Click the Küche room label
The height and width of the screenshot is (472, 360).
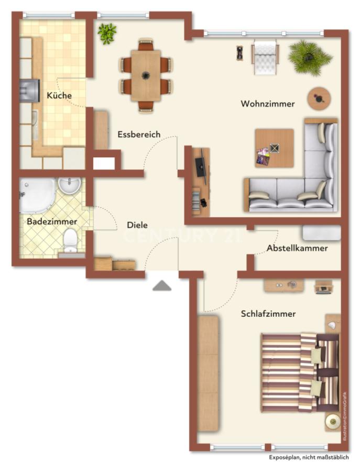click(x=59, y=95)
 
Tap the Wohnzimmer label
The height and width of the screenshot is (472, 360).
click(x=268, y=104)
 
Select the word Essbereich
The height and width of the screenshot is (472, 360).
click(x=139, y=134)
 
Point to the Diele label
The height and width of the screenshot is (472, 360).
click(x=137, y=225)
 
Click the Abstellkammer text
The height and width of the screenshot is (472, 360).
click(x=297, y=248)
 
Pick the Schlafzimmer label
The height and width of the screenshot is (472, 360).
click(x=268, y=314)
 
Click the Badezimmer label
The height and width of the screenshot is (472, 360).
click(x=52, y=221)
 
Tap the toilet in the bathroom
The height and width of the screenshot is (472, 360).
click(x=71, y=240)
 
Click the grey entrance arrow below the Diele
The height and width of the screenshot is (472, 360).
click(x=162, y=285)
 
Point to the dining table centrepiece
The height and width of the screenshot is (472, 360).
click(x=146, y=75)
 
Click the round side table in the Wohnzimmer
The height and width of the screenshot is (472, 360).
click(x=319, y=99)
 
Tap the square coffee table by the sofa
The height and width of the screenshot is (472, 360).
click(x=274, y=148)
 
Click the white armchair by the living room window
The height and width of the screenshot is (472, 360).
click(x=265, y=57)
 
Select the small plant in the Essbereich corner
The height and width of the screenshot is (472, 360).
click(x=107, y=33)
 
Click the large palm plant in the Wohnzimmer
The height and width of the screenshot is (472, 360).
click(x=310, y=57)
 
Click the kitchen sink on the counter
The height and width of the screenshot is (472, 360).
click(x=35, y=125)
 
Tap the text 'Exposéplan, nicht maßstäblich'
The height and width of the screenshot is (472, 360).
click(x=309, y=457)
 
